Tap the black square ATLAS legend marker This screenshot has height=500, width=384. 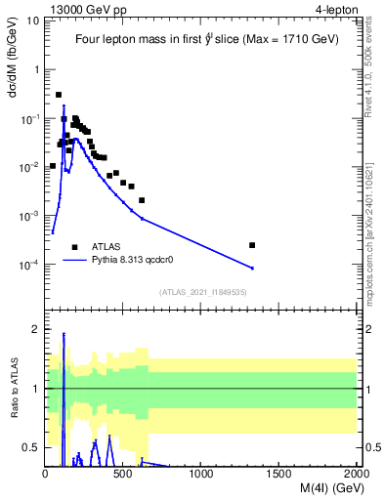click(x=74, y=247)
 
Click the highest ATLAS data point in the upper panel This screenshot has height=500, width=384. click(x=59, y=95)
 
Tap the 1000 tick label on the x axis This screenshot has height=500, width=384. click(x=201, y=474)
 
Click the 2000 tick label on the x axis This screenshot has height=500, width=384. click(x=357, y=474)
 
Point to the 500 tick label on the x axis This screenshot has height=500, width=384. click(x=123, y=474)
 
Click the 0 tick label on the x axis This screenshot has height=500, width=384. click(x=46, y=474)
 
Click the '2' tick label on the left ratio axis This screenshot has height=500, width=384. click(x=35, y=329)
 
